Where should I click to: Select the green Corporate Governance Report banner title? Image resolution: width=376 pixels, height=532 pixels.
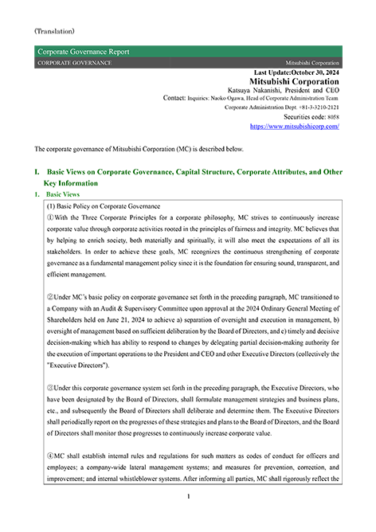[83, 52]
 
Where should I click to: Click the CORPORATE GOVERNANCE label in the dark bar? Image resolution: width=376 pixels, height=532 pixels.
[75, 62]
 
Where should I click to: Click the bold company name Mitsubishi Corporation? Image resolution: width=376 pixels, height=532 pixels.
[294, 81]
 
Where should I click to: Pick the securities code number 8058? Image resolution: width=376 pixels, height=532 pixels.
[331, 116]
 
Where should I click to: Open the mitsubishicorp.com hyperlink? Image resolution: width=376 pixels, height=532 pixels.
[294, 126]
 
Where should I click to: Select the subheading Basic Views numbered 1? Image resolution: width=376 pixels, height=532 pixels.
[63, 194]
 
